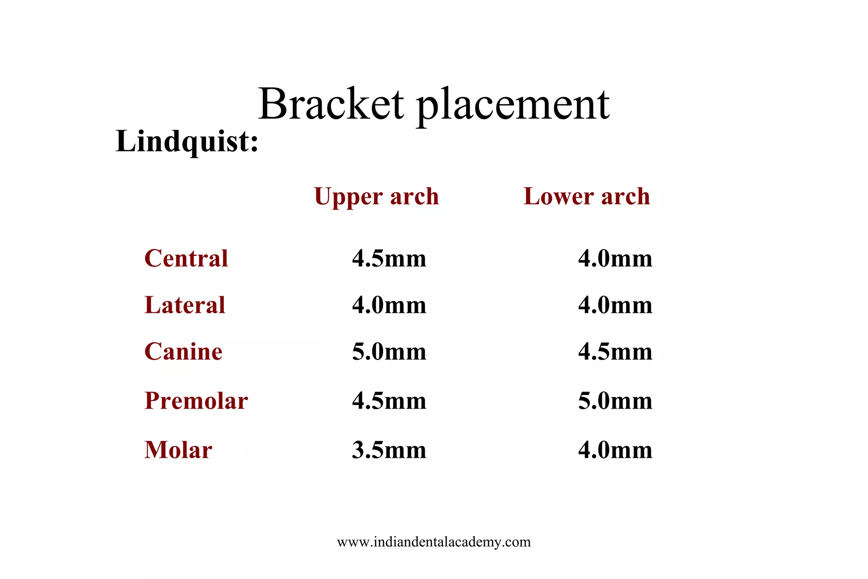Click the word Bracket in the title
pyautogui.click(x=331, y=104)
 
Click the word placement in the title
pyautogui.click(x=513, y=106)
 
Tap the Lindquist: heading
pyautogui.click(x=187, y=142)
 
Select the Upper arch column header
pyautogui.click(x=376, y=197)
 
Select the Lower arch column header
pyautogui.click(x=587, y=197)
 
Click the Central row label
pyautogui.click(x=186, y=259)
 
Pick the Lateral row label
pyautogui.click(x=185, y=305)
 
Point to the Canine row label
pyautogui.click(x=183, y=352)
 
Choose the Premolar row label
pyautogui.click(x=196, y=401)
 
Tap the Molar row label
pyautogui.click(x=178, y=450)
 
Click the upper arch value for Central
pyautogui.click(x=389, y=259)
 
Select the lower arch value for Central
pyautogui.click(x=615, y=259)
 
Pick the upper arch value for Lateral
pyautogui.click(x=389, y=305)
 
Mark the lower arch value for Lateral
pyautogui.click(x=615, y=305)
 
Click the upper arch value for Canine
pyautogui.click(x=389, y=352)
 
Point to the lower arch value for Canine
pyautogui.click(x=615, y=352)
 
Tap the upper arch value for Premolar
pyautogui.click(x=389, y=401)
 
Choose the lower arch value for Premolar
pyautogui.click(x=615, y=401)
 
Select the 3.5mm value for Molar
pyautogui.click(x=389, y=450)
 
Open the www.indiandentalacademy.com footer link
pyautogui.click(x=434, y=542)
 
